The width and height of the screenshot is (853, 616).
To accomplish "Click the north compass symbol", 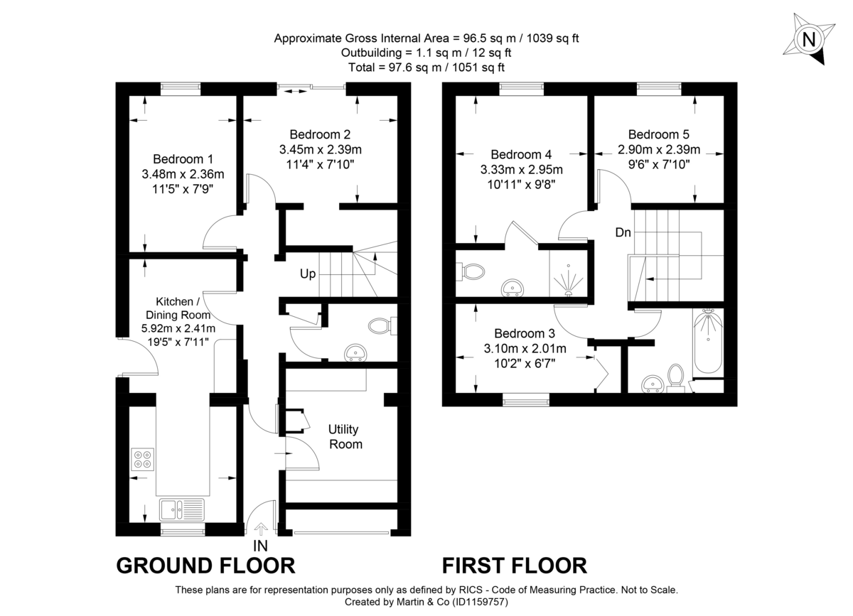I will [808, 39].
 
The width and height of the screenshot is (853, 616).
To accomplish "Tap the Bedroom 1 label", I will [183, 159].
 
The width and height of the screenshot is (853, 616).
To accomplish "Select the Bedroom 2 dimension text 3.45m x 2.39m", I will [320, 149].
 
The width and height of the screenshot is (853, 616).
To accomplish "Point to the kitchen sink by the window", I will [182, 509].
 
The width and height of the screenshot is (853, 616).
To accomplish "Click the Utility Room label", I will [344, 437].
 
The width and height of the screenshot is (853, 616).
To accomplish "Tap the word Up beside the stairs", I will [307, 274].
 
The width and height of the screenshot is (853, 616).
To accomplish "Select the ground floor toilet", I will [382, 326].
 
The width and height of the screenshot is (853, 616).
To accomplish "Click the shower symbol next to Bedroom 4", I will [569, 279].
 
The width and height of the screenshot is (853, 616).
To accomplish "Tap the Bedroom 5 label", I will [658, 134].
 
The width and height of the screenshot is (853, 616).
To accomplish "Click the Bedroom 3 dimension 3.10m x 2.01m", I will [525, 348].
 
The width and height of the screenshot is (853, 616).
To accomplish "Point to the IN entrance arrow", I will [261, 529].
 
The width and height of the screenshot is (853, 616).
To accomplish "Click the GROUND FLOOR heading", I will [205, 566].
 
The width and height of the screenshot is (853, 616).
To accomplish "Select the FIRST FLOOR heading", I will [515, 566].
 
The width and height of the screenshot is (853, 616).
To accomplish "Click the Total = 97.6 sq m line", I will [426, 67].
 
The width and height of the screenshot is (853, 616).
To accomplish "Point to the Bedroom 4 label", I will [521, 154].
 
